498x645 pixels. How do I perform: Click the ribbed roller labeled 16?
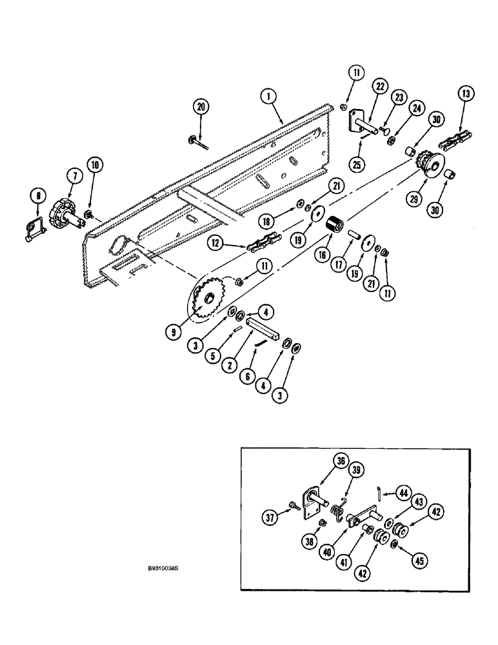[x=334, y=229]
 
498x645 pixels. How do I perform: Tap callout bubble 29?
[x=413, y=200]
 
